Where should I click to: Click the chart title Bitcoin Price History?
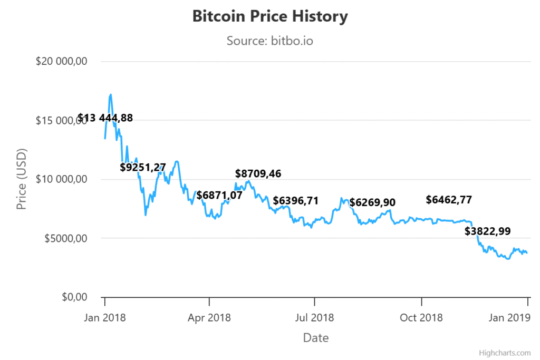pyautogui.click(x=269, y=16)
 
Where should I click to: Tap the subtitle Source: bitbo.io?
pyautogui.click(x=269, y=40)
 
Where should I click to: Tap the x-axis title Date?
pyautogui.click(x=315, y=338)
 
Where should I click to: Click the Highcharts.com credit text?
pyautogui.click(x=505, y=353)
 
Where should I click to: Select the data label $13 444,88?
pyautogui.click(x=105, y=118)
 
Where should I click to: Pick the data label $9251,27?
pyautogui.click(x=143, y=168)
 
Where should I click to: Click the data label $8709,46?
pyautogui.click(x=258, y=173)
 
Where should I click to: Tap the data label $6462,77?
pyautogui.click(x=449, y=200)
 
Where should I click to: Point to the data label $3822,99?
pyautogui.click(x=487, y=231)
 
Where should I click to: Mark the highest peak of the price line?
pyautogui.click(x=111, y=95)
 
